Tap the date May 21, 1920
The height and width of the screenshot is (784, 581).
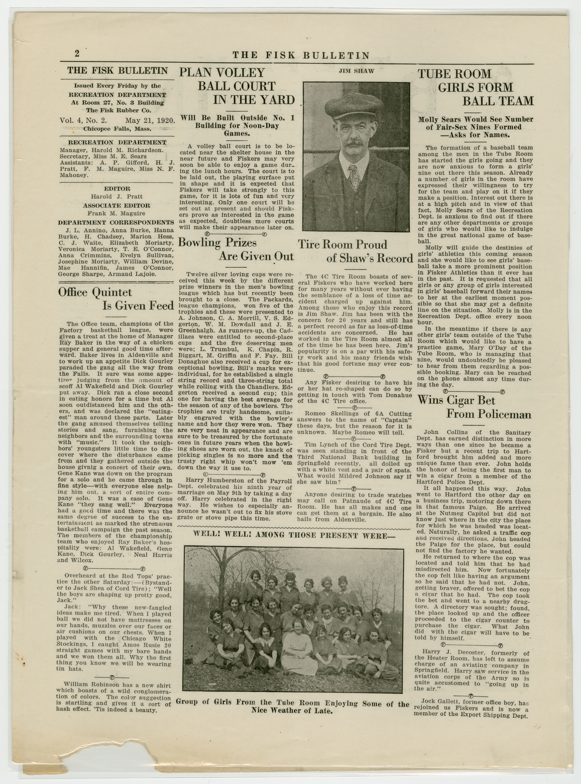click(150, 120)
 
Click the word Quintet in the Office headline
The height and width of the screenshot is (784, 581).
click(112, 293)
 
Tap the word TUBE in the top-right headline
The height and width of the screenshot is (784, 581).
click(436, 74)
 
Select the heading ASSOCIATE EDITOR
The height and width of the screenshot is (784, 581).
click(116, 206)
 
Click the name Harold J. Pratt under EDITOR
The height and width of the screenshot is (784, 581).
click(116, 197)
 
